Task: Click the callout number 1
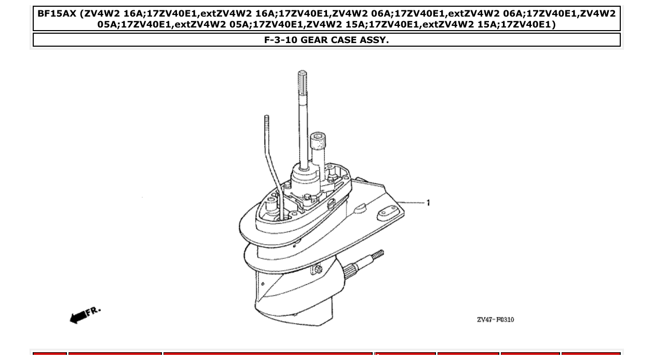[x=428, y=203]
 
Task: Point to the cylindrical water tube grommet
[x=318, y=141]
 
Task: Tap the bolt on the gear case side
[x=318, y=269]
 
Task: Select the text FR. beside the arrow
[x=93, y=311]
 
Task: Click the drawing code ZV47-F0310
[x=495, y=320]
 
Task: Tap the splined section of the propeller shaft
[x=352, y=268]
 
